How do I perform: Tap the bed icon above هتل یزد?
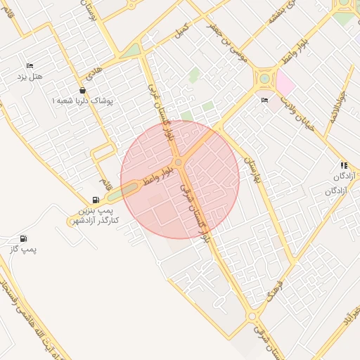[29, 65]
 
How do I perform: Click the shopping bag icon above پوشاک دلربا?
[83, 91]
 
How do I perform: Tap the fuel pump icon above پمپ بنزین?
[96, 200]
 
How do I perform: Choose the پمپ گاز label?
[24, 249]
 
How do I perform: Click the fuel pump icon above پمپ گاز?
[24, 239]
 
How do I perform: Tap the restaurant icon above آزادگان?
[344, 165]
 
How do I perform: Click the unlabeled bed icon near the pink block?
[264, 101]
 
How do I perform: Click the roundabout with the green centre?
[264, 78]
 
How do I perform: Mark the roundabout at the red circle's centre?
[179, 163]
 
